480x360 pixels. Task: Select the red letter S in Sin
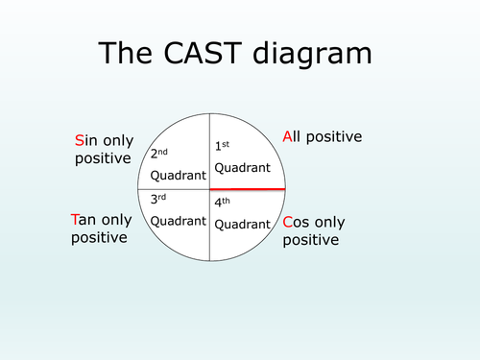click(x=80, y=141)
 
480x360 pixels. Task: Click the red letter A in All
click(x=287, y=137)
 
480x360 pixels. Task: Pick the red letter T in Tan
click(x=77, y=220)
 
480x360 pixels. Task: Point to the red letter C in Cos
click(x=289, y=223)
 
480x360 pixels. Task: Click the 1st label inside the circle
click(x=222, y=145)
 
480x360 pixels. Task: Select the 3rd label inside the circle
click(x=159, y=200)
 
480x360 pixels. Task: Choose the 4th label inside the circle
click(x=223, y=203)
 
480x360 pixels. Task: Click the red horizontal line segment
click(x=247, y=189)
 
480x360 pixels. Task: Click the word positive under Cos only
click(x=311, y=240)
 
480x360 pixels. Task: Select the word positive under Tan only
click(x=99, y=237)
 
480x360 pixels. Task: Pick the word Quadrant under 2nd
click(x=180, y=176)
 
